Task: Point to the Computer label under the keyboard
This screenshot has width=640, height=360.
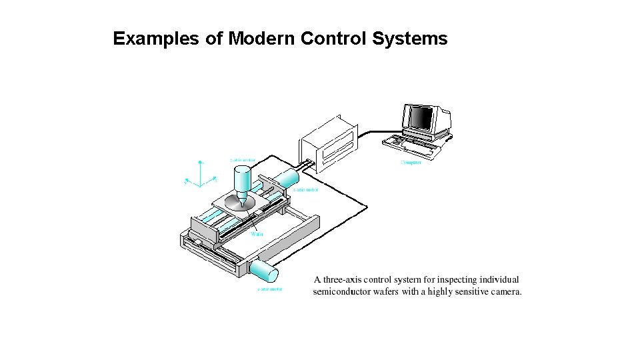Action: tap(411, 163)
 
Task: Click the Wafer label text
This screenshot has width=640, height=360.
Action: tap(257, 234)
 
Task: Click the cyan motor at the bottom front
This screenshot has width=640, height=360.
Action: tap(264, 272)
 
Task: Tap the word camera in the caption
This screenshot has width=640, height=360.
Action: tap(505, 292)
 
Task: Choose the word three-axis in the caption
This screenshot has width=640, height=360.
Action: tap(347, 280)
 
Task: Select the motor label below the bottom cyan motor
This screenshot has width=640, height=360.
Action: tap(269, 289)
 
